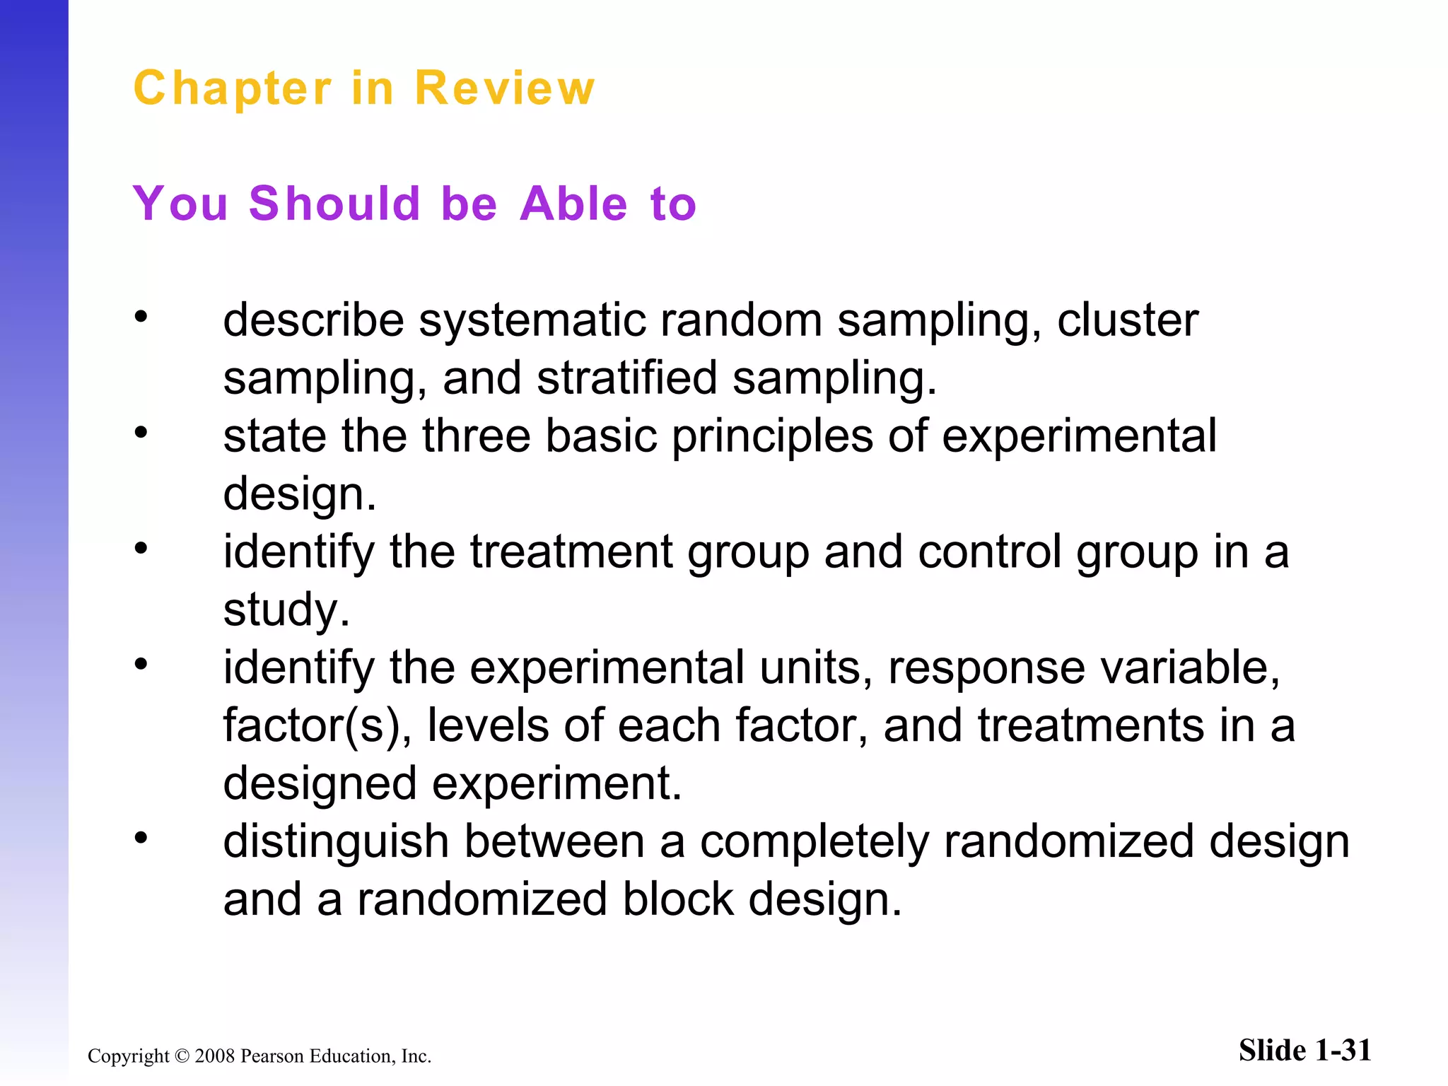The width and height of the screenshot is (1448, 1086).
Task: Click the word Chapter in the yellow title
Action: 232,89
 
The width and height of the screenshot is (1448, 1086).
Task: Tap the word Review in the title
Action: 504,89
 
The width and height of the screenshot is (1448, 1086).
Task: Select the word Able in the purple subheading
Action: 573,204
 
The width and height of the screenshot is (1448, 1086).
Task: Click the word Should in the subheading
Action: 335,204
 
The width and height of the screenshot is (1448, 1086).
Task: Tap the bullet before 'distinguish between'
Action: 141,837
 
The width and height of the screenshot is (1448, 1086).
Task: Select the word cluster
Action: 1128,320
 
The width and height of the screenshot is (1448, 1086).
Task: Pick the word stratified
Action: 626,378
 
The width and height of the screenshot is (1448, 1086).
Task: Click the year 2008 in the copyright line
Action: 215,1056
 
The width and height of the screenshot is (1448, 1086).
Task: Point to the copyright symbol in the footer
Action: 182,1056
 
